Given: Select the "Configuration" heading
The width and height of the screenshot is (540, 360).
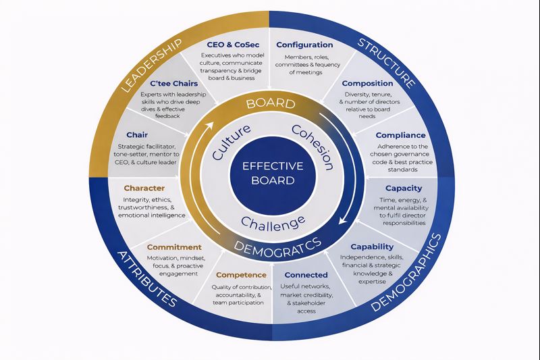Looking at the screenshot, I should (305, 45).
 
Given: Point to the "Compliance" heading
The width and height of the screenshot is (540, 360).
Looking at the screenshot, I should (400, 135).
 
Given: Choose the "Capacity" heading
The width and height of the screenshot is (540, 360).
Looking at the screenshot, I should (404, 188).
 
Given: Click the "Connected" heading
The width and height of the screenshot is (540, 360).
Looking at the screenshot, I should (306, 275).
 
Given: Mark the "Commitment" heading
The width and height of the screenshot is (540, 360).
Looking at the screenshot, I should (174, 247).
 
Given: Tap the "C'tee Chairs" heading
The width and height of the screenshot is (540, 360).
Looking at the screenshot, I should (174, 84).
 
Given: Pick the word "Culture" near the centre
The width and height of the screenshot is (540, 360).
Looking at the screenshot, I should (231, 142).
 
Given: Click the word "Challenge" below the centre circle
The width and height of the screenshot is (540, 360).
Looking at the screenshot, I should (273, 222).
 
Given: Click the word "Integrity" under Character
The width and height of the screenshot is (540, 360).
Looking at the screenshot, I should (136, 201).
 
